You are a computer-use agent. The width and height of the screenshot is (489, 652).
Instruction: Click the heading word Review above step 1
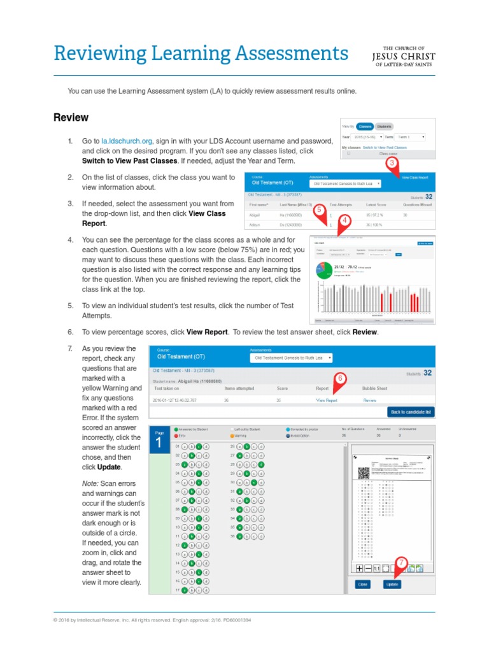pos(71,118)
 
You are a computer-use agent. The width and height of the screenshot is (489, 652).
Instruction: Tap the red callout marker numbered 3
pos(391,164)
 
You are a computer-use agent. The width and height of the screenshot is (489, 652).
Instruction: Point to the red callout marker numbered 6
pos(340,378)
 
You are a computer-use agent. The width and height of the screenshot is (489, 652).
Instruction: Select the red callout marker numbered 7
pos(400,562)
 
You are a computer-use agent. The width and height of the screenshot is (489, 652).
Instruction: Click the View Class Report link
pos(415,178)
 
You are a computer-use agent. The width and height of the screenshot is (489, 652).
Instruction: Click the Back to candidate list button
pos(411,412)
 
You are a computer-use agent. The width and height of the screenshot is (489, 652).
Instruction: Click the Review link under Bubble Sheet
pos(369,400)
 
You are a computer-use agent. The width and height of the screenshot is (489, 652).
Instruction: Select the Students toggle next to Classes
pos(383,127)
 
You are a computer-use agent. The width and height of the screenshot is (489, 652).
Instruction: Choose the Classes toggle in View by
pos(364,127)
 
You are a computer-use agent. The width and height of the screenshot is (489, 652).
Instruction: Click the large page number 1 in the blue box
pos(158,443)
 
